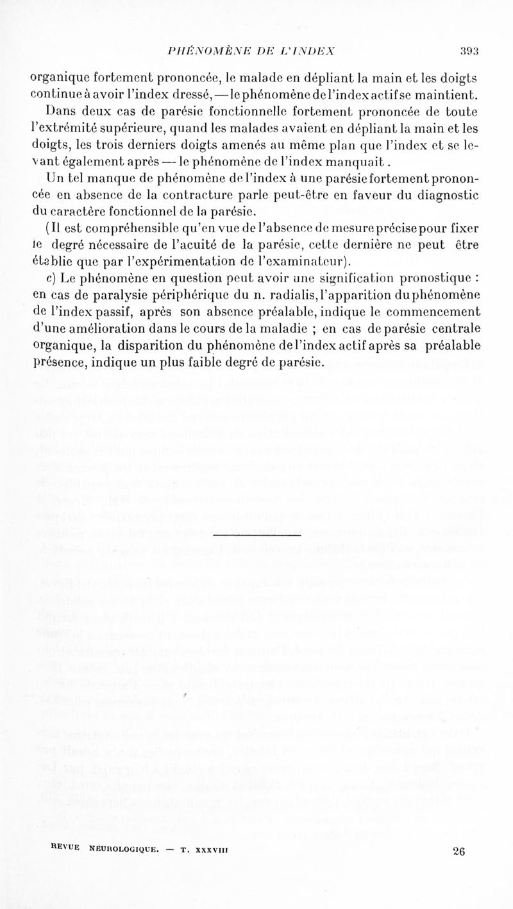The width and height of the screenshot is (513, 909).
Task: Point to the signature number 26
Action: click(458, 852)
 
